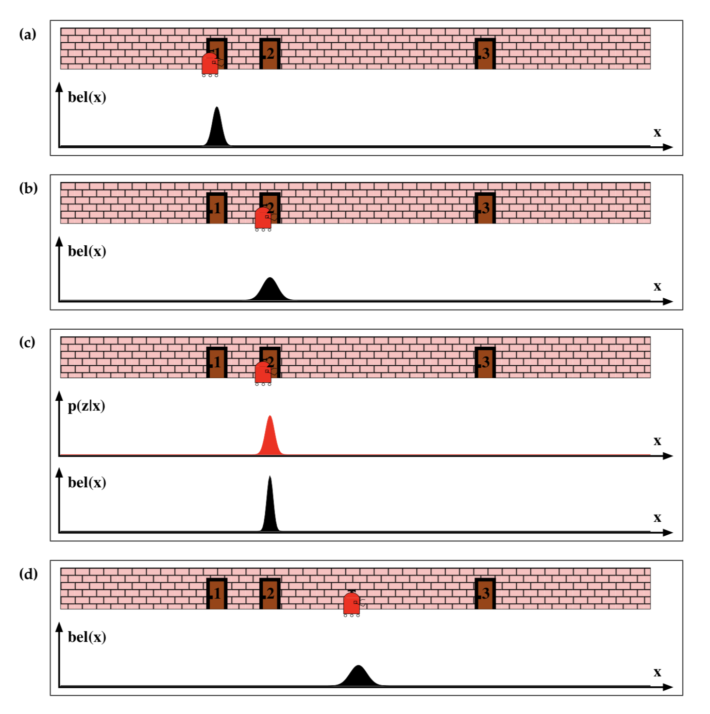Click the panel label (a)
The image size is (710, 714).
point(27,35)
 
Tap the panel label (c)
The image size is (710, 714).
point(27,343)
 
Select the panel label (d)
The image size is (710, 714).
point(28,574)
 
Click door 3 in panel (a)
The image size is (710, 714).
point(485,54)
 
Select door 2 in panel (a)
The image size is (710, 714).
point(269,54)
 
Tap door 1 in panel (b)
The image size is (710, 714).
point(216,208)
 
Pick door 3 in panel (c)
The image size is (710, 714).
point(485,362)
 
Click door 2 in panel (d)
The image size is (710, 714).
point(269,593)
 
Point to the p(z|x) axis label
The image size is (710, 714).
point(87,406)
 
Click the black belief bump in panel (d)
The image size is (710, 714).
point(358,676)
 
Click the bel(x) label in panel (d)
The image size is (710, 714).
point(87,637)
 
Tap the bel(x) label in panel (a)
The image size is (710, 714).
point(87,97)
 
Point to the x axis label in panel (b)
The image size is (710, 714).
point(657,286)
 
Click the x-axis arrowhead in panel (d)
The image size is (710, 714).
point(668,687)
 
